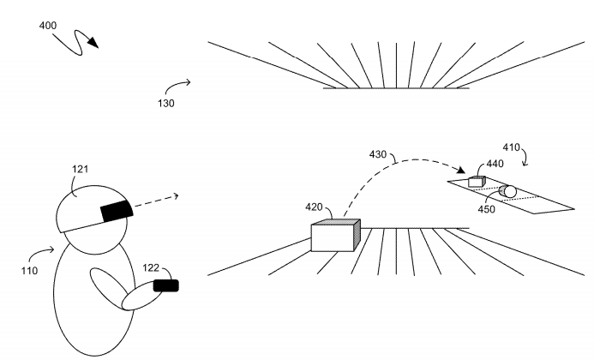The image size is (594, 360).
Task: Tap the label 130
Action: [x=166, y=104]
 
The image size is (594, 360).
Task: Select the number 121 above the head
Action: [x=81, y=171]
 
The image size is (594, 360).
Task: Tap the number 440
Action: [x=495, y=163]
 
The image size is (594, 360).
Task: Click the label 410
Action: [x=512, y=147]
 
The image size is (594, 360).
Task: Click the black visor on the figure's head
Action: [x=115, y=210]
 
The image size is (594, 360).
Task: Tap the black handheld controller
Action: [x=165, y=285]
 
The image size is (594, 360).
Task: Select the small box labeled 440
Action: [x=477, y=182]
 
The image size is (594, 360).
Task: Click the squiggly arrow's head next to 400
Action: [x=93, y=44]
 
